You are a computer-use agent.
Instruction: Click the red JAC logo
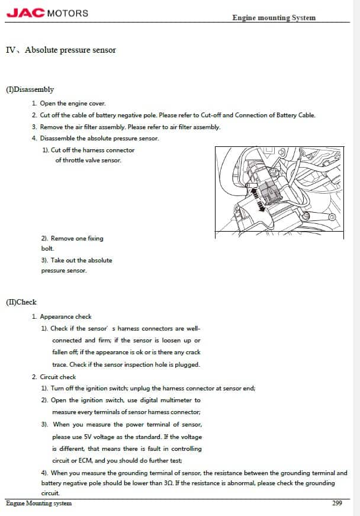pos(25,12)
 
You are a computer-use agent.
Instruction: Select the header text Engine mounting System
pos(274,18)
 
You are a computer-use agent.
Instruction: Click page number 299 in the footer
pos(337,504)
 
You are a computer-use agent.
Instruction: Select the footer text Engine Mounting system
pos(38,504)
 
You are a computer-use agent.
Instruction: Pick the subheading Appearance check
pos(66,316)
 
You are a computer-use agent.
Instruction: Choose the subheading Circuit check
pos(58,377)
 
